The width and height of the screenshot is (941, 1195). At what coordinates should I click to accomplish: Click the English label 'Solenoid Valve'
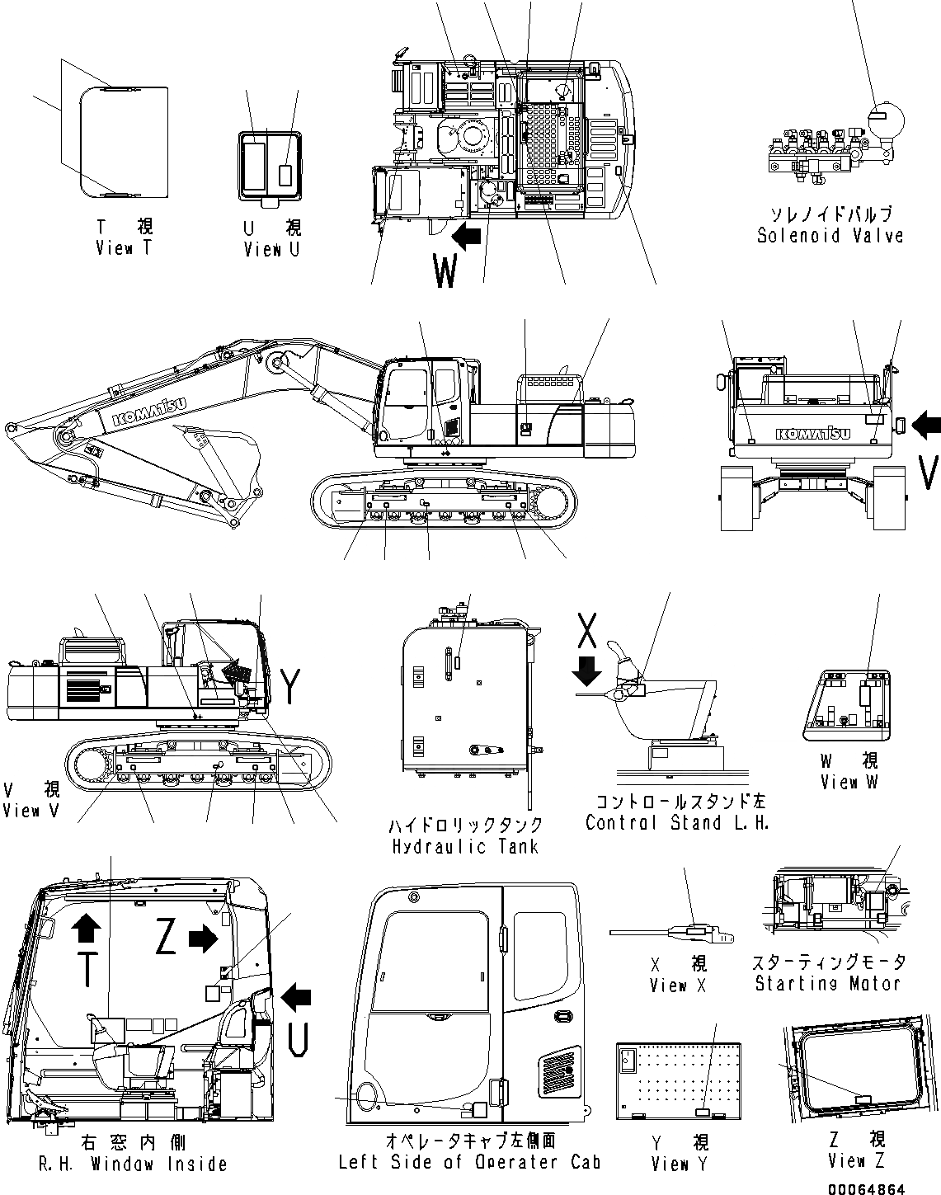pos(830,236)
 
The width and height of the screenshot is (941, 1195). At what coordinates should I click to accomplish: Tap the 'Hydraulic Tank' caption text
pos(465,846)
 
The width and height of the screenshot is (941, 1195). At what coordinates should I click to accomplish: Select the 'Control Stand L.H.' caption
pos(676,822)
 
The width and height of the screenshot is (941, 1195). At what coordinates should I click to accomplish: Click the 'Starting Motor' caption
pos(827,983)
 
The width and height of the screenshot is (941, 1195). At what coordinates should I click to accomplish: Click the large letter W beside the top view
pos(445,271)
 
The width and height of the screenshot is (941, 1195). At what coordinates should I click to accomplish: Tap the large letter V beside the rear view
pos(928,473)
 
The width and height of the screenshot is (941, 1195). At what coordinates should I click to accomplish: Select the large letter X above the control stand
pos(586,630)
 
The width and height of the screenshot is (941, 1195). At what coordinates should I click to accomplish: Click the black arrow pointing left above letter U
pos(296,997)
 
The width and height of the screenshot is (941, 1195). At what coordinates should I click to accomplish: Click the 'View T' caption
pos(124,247)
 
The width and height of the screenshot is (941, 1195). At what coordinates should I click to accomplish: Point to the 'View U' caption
pos(272,249)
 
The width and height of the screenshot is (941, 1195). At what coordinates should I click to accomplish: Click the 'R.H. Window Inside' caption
pos(133,1164)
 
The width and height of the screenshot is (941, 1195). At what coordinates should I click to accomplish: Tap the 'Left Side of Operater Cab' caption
pos(469,1162)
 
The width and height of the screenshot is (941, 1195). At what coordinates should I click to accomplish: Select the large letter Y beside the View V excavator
pos(291,687)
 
